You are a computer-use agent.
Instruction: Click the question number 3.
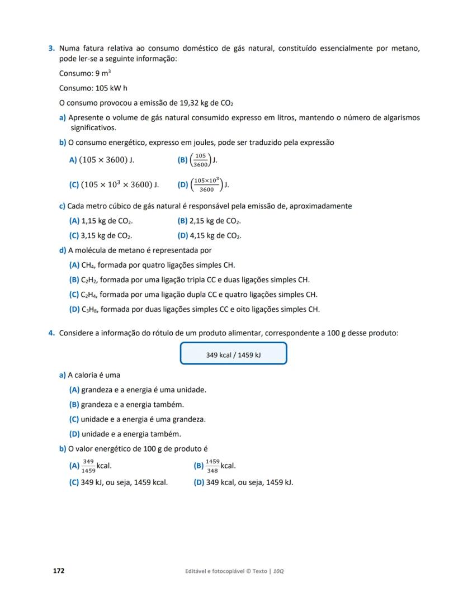coord(51,49)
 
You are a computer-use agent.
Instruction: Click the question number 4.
coord(51,333)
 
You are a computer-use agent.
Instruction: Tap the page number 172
coord(59,571)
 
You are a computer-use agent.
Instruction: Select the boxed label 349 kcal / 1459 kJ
coord(233,354)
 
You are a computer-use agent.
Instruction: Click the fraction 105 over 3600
coord(201,160)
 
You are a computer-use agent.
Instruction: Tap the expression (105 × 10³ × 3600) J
coord(120,184)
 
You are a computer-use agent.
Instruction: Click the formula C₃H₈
coord(88,309)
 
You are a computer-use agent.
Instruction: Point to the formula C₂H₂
coord(88,280)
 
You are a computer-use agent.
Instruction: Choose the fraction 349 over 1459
coord(88,466)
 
